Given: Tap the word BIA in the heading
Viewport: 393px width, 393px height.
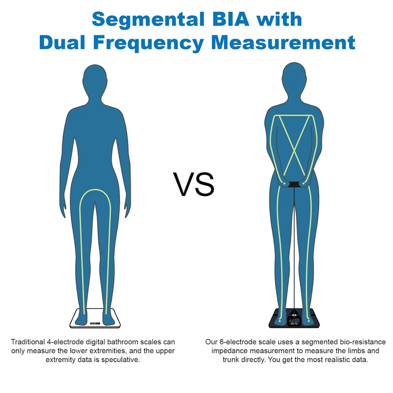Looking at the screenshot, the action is click(230, 19).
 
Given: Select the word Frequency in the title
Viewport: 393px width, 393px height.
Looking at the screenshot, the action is click(148, 43).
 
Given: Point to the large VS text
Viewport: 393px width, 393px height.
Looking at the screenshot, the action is click(194, 184).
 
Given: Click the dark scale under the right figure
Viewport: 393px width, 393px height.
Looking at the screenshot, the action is click(294, 318).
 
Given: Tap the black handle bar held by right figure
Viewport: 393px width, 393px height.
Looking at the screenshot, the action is click(294, 185).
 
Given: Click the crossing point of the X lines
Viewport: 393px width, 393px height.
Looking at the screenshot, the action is click(294, 150).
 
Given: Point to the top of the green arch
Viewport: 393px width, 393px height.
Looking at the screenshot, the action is click(95, 190).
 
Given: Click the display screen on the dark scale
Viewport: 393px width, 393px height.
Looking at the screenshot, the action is click(294, 322).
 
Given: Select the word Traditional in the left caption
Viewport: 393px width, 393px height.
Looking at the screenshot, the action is click(28, 342).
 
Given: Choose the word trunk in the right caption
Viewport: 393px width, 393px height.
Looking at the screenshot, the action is click(230, 360).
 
